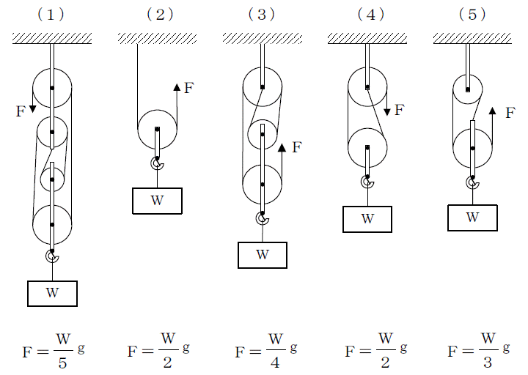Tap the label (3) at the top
coord(262,15)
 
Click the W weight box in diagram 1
coord(52,292)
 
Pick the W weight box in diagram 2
coord(157,200)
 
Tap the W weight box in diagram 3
coord(262,254)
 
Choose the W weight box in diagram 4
coord(367,218)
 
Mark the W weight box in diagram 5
coord(473,217)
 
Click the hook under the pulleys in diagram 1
coord(52,256)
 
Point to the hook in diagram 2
coord(157,163)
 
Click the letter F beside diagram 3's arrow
coord(296,147)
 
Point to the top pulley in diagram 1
coord(52,88)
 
